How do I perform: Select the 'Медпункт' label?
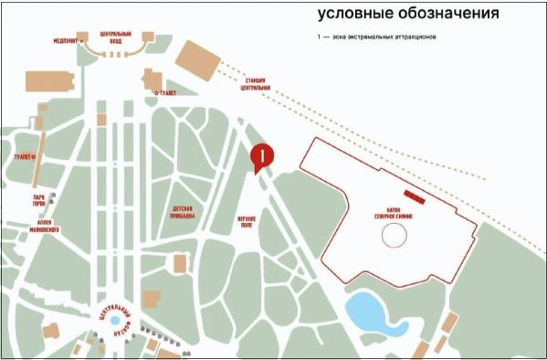65,39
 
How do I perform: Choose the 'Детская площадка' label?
183,212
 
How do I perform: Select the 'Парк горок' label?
39,202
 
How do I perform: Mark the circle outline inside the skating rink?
394,238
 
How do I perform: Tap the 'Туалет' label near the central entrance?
166,92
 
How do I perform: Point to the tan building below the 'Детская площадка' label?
180,263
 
